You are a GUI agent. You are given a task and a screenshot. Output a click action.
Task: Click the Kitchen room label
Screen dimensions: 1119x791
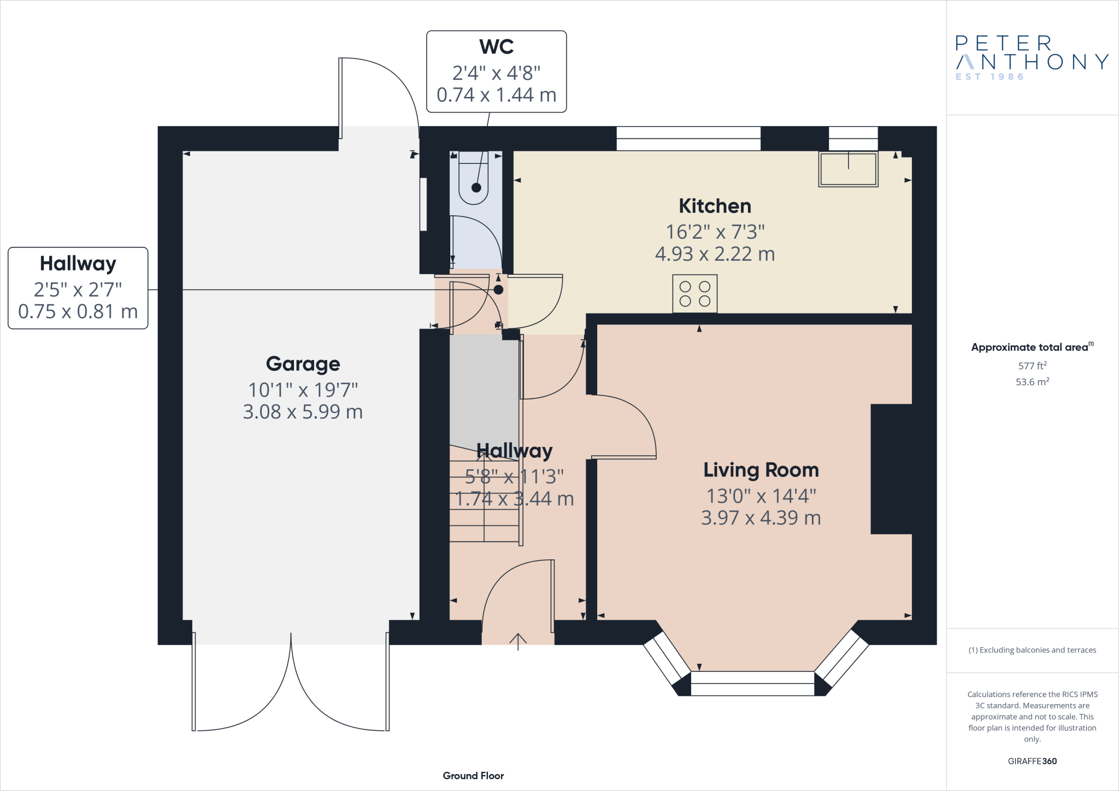point(715,206)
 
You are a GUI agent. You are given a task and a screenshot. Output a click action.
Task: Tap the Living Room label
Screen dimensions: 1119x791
point(761,470)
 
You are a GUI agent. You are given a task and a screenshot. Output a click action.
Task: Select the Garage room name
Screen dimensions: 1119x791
point(303,364)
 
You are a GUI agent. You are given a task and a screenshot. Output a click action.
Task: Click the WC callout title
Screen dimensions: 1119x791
point(496,46)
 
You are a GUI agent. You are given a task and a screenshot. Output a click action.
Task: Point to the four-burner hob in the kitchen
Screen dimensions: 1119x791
point(694,294)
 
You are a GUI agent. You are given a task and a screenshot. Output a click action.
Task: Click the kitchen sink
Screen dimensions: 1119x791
point(848,169)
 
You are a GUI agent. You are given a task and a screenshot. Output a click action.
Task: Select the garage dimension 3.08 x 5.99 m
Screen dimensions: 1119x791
point(303,411)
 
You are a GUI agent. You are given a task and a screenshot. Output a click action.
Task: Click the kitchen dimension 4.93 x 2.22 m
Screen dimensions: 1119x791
point(715,254)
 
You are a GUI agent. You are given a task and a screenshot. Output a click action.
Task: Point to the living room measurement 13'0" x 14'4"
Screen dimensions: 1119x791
point(761,496)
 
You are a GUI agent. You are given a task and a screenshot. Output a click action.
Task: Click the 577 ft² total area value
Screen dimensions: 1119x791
point(1032,365)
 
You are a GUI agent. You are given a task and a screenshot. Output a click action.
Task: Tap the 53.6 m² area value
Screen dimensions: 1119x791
point(1032,381)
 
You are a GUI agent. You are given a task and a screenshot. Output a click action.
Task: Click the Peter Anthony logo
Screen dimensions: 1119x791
point(1032,58)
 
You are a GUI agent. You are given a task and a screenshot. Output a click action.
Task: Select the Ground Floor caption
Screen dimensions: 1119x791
point(473,776)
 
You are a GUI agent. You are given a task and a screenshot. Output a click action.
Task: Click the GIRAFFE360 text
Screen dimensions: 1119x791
point(1032,761)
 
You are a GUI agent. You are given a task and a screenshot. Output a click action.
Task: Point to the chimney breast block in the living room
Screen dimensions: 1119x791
point(891,469)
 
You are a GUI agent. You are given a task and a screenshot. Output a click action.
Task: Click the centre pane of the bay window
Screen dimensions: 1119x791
point(752,683)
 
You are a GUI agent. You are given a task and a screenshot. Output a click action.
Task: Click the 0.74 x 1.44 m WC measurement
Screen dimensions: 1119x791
point(496,95)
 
